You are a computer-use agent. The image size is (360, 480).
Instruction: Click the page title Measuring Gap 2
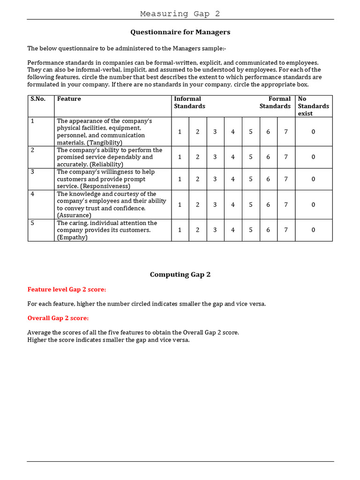pos(180,14)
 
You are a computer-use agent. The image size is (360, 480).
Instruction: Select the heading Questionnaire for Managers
pos(180,32)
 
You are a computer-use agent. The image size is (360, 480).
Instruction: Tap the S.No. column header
pos(38,99)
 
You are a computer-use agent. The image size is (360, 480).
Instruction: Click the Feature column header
pos(69,99)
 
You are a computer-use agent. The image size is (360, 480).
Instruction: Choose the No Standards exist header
pos(313,106)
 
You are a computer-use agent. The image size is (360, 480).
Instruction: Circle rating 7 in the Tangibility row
pos(286,132)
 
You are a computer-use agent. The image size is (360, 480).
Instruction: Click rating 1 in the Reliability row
pos(180,157)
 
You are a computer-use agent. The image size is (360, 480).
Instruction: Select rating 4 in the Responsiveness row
pos(233,179)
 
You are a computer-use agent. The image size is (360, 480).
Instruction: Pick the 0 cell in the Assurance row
pos(313,204)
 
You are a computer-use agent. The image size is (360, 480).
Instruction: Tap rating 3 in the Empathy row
pos(215,230)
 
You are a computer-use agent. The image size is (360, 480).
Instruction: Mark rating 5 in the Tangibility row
pos(251,132)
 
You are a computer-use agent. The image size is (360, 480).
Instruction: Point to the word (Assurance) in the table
pos(74,215)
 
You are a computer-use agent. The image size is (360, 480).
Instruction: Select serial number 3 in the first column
pos(33,172)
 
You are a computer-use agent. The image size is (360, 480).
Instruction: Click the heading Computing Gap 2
pos(180,275)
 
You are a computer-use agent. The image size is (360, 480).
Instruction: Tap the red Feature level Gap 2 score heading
pos(67,290)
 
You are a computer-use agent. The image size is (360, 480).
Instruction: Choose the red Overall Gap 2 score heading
pos(58,318)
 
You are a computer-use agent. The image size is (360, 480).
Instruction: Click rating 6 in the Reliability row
pos(268,157)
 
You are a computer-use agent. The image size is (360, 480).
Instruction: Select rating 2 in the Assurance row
pos(198,204)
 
